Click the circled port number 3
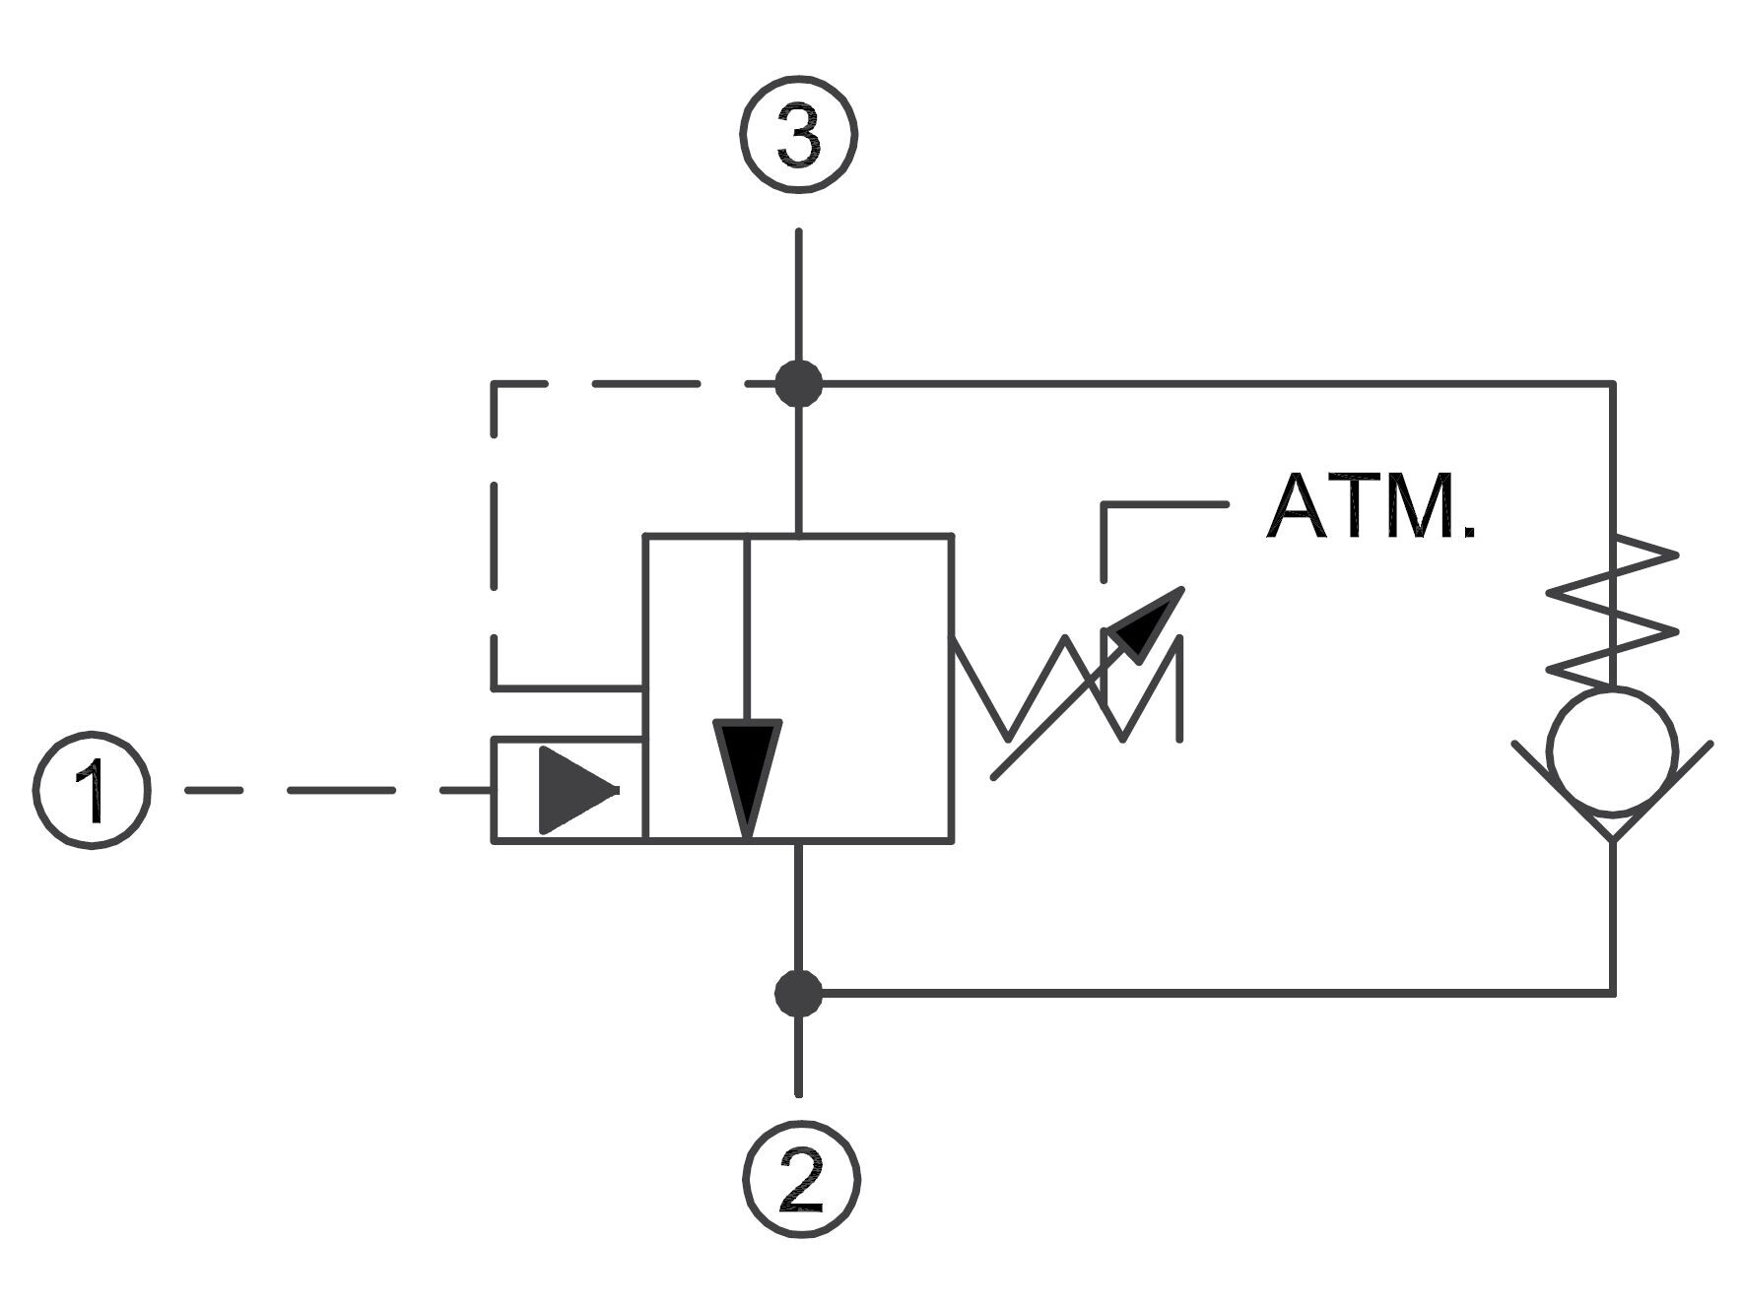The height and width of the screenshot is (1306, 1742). pyautogui.click(x=798, y=135)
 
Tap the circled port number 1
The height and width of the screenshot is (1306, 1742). pyautogui.click(x=92, y=790)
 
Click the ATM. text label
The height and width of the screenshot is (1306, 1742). pyautogui.click(x=1371, y=507)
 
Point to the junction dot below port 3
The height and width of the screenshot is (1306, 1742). pyautogui.click(x=798, y=383)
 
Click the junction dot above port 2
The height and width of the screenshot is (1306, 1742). pyautogui.click(x=798, y=993)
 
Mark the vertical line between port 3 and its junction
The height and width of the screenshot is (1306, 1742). pyautogui.click(x=798, y=295)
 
